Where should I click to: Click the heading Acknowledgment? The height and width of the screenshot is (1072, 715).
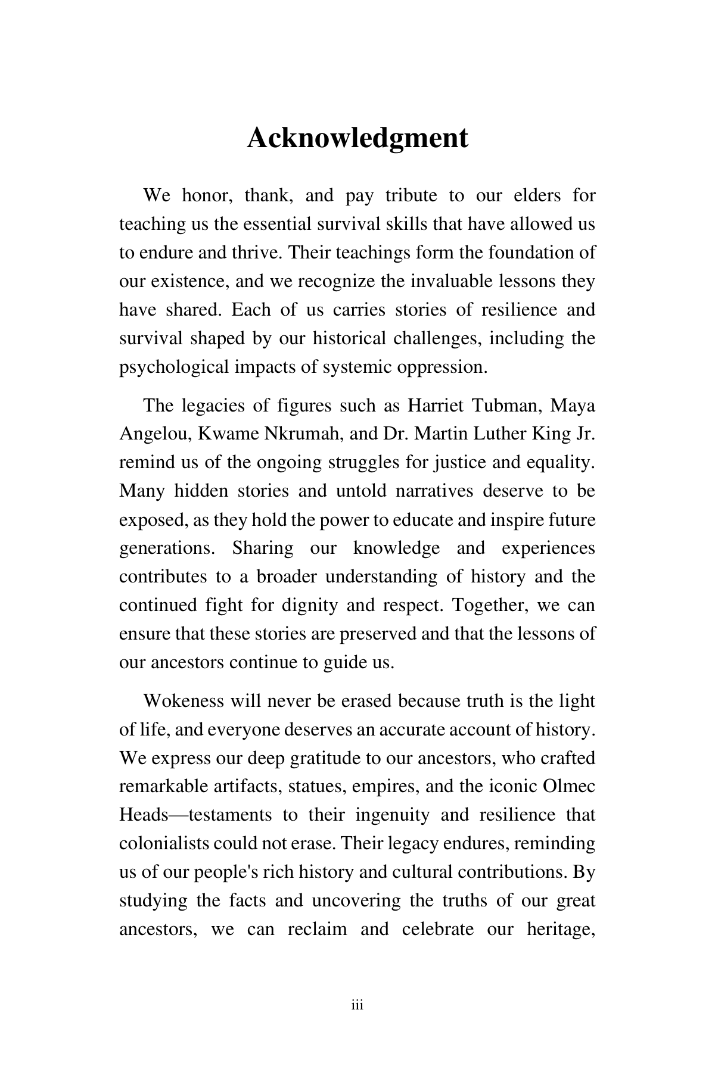tap(357, 138)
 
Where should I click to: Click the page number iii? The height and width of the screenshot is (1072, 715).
tap(357, 1006)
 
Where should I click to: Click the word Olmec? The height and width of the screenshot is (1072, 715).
tap(570, 786)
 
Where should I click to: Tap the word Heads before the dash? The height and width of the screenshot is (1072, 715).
tap(144, 815)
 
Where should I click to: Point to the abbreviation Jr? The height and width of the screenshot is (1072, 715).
tap(585, 434)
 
